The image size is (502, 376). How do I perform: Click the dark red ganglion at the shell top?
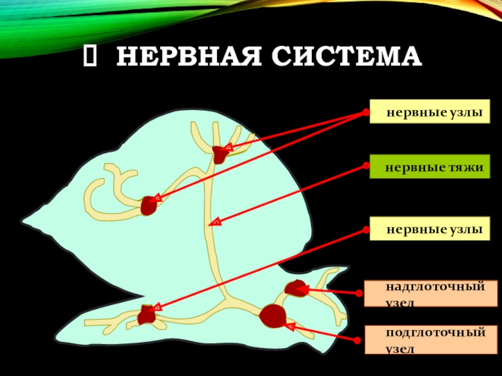pos(220,154)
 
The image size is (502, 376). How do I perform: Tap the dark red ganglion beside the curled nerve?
pos(149,205)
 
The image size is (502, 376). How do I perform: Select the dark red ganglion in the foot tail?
pos(147,314)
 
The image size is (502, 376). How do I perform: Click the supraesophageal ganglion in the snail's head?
pos(295,289)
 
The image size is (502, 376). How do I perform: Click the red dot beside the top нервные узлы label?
pos(365,113)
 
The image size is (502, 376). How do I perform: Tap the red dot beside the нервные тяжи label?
pos(365,166)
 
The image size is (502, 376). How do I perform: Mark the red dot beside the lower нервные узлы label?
pos(365,229)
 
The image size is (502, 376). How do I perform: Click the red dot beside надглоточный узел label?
pos(359,293)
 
